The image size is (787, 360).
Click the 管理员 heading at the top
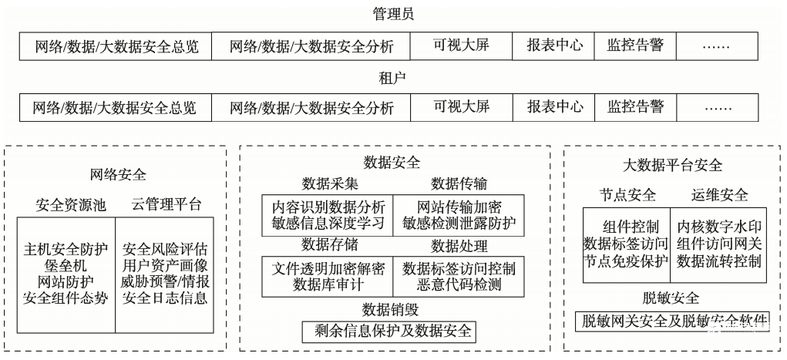click(x=393, y=15)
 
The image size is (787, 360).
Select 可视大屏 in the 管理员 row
click(x=461, y=45)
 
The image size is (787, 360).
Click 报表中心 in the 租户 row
click(x=555, y=107)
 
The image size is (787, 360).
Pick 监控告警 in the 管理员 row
click(x=635, y=45)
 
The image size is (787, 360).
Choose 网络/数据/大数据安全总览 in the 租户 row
click(x=115, y=107)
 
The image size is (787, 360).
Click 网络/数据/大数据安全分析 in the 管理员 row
click(x=311, y=46)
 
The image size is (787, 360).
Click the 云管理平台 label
click(x=166, y=205)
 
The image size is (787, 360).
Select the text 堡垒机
click(x=66, y=264)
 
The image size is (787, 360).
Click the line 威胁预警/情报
click(x=165, y=281)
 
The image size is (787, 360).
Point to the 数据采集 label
click(x=329, y=183)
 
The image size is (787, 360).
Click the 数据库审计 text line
click(x=328, y=285)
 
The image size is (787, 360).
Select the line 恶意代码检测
click(x=459, y=285)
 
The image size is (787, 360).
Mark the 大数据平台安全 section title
click(x=672, y=165)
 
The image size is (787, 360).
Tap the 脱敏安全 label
click(x=671, y=298)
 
